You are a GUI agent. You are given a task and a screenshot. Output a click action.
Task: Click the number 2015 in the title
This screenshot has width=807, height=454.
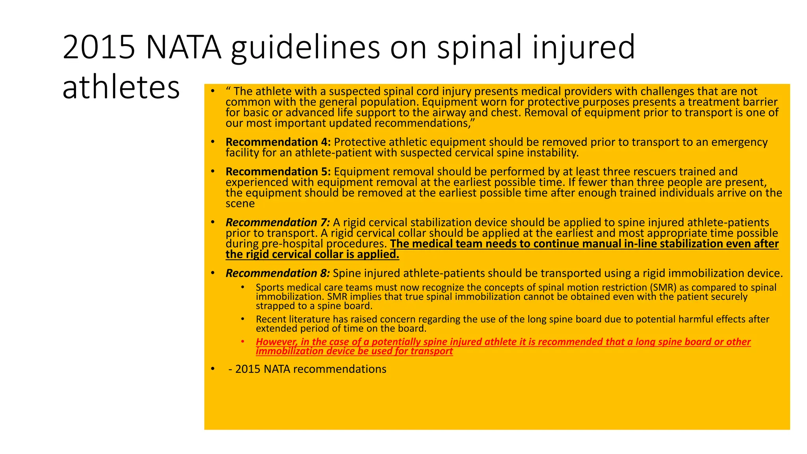(x=99, y=47)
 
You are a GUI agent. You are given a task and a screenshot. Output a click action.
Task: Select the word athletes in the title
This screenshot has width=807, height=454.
(x=121, y=87)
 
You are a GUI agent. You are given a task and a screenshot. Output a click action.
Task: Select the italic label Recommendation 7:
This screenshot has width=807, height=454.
(x=278, y=223)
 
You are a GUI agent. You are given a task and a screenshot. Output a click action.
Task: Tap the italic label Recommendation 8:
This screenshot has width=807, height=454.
(x=278, y=274)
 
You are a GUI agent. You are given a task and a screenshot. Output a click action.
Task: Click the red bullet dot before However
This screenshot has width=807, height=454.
(x=243, y=342)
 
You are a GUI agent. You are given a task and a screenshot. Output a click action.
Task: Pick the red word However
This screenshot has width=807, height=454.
(x=277, y=342)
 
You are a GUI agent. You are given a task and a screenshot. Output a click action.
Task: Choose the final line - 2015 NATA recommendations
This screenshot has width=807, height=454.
(x=307, y=369)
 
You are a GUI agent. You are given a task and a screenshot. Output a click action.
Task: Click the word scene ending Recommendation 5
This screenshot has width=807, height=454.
(x=240, y=204)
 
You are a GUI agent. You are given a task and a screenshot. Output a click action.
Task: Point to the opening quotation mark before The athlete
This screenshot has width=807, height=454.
(x=228, y=91)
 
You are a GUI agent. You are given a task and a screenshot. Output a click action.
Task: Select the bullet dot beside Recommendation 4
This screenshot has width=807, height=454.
(x=213, y=142)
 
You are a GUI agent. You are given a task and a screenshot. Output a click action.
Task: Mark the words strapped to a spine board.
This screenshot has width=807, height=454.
(x=314, y=306)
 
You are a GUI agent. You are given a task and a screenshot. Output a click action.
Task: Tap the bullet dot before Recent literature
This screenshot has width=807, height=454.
(x=243, y=319)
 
